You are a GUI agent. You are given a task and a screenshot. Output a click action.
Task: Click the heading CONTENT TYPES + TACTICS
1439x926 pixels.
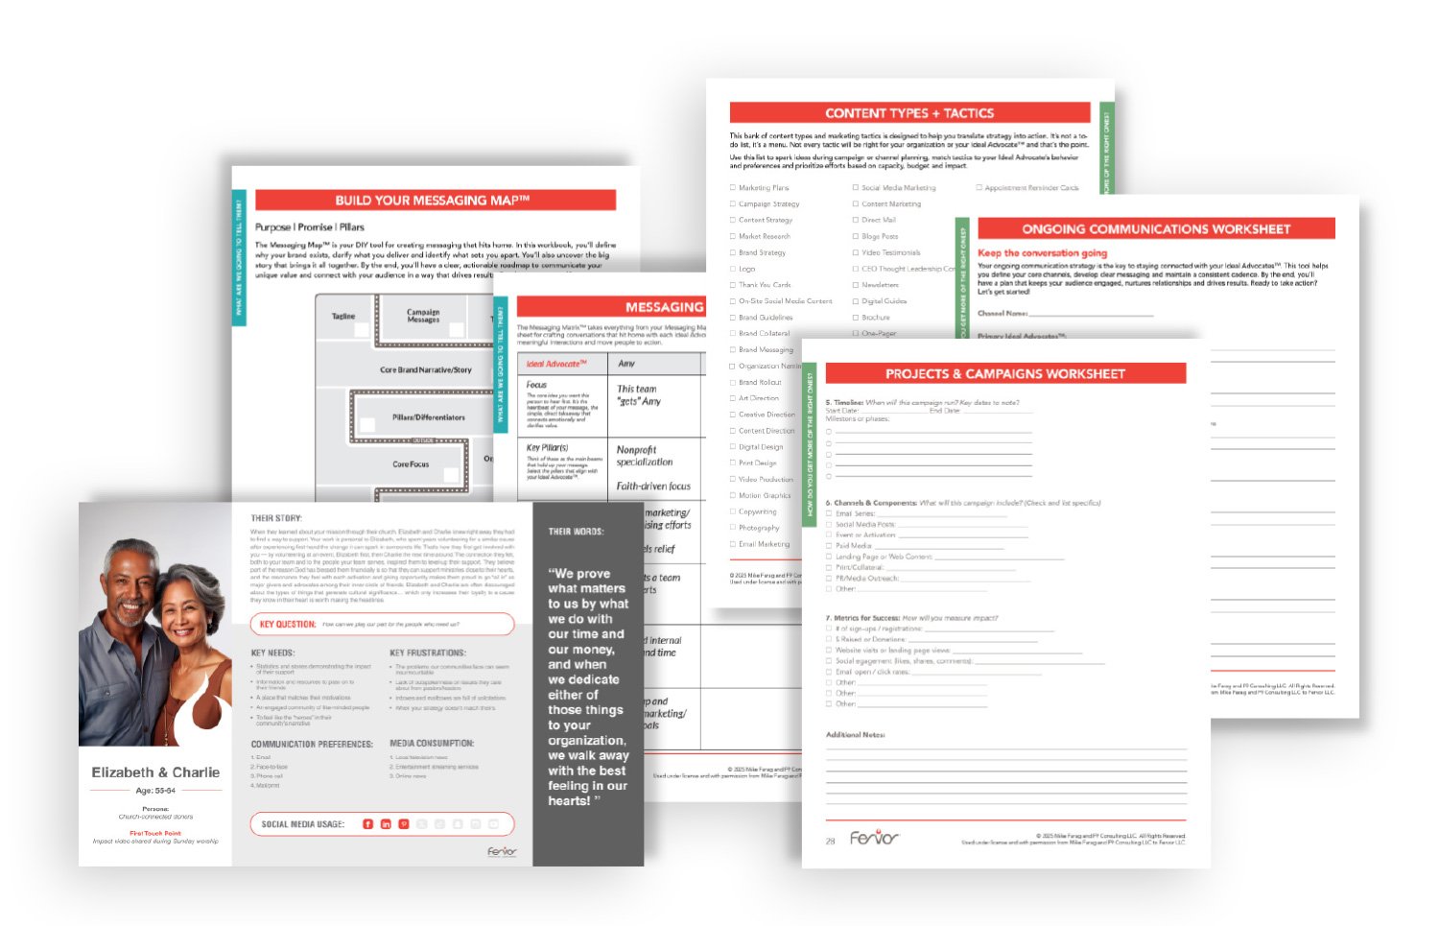[x=908, y=113]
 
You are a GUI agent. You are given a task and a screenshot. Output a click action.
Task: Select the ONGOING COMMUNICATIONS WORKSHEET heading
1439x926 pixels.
[x=1155, y=229]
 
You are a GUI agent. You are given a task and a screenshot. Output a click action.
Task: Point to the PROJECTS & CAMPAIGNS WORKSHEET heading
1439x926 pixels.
[x=1004, y=374]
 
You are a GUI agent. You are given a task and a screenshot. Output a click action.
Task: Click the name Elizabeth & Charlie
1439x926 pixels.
[x=155, y=772]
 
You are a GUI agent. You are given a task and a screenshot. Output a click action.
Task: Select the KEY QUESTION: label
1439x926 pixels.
[x=288, y=625]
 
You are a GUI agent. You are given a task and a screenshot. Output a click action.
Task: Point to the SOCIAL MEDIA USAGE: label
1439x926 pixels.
[x=302, y=824]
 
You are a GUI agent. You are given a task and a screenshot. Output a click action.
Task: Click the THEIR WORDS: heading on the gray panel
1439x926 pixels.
[x=576, y=532]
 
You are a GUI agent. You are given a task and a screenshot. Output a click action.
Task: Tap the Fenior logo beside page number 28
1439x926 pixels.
[x=874, y=839]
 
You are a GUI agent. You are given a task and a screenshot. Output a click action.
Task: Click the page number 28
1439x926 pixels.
[x=831, y=841]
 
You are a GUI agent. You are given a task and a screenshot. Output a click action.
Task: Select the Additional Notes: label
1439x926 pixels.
[x=855, y=735]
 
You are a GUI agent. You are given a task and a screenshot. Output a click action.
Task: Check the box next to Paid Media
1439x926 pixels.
[x=829, y=546]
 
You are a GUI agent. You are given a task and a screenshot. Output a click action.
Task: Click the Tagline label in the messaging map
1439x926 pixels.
[x=343, y=316]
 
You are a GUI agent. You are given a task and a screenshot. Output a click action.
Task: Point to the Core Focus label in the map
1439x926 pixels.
[x=411, y=464]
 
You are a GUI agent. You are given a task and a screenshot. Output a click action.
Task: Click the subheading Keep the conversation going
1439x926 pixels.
[x=1042, y=253]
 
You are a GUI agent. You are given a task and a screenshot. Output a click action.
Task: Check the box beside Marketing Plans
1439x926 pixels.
[x=733, y=188]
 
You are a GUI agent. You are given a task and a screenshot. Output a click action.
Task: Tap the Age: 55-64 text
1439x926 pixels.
[x=155, y=791]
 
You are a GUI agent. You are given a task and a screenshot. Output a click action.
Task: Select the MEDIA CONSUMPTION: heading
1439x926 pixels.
[x=432, y=744]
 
